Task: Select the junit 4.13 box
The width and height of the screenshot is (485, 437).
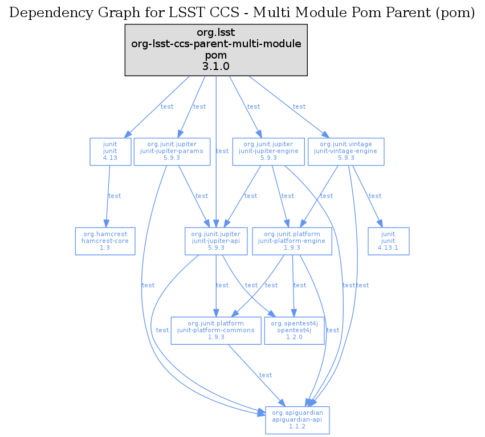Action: pyautogui.click(x=110, y=151)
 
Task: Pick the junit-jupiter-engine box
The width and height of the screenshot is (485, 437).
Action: pyautogui.click(x=268, y=151)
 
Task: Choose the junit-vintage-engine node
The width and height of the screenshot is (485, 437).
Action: pyautogui.click(x=346, y=151)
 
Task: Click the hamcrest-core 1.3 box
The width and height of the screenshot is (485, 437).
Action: pyautogui.click(x=105, y=241)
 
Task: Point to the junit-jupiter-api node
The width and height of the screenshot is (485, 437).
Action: pyautogui.click(x=216, y=241)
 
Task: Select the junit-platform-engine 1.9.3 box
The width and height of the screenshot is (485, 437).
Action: pyautogui.click(x=292, y=241)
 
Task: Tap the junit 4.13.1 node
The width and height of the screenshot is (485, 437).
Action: pyautogui.click(x=389, y=241)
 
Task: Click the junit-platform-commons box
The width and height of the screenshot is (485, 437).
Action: pyautogui.click(x=216, y=330)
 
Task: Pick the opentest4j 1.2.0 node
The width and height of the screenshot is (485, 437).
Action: pyautogui.click(x=294, y=330)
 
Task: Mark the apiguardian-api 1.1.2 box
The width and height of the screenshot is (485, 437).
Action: pyautogui.click(x=297, y=420)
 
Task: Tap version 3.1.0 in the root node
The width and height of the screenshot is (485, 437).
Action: pyautogui.click(x=216, y=67)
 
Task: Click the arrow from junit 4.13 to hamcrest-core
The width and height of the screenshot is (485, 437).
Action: pyautogui.click(x=107, y=196)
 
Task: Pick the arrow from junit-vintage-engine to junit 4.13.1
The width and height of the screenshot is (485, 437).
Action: pyautogui.click(x=366, y=196)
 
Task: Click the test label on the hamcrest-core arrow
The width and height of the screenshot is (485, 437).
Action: pyautogui.click(x=115, y=196)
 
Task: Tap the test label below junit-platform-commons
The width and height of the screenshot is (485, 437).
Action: pyautogui.click(x=266, y=376)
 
